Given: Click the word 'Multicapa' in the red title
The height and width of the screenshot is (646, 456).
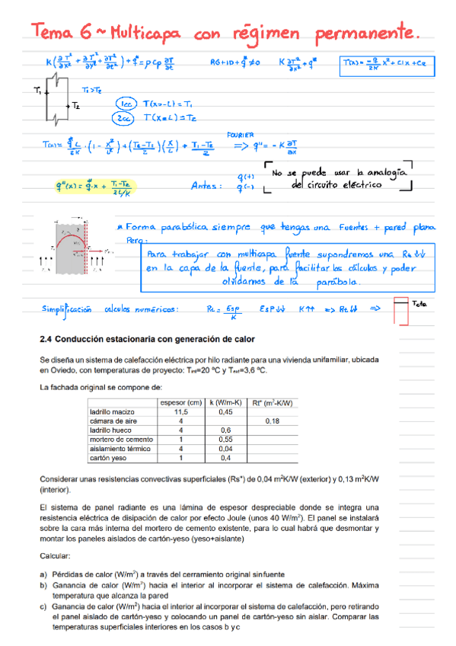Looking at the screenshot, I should (144, 33).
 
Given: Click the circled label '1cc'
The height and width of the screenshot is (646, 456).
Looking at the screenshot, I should (125, 104).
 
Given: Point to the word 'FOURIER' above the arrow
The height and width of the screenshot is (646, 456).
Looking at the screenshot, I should (256, 134).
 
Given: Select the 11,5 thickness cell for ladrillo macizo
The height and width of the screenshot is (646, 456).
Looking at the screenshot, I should (180, 412).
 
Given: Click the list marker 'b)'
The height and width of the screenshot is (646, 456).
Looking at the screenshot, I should (43, 585).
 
